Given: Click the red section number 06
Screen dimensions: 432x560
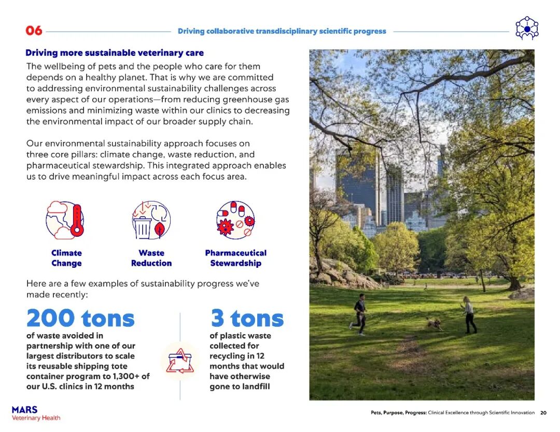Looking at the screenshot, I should tap(34, 31).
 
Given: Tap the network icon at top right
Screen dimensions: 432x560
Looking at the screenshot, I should tap(527, 29).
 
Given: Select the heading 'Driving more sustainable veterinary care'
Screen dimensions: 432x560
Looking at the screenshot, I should tap(115, 53).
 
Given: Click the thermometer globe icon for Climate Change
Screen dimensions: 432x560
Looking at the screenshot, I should tap(66, 220).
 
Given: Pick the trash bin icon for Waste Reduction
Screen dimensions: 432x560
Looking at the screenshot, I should tap(151, 220).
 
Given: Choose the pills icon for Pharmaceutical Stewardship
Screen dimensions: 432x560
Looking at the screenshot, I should tap(235, 220).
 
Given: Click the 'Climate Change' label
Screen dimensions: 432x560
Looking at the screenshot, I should tap(66, 258).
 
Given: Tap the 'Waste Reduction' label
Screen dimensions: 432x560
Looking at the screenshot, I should tap(151, 258).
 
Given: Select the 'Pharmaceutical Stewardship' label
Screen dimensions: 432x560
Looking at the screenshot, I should tap(235, 258).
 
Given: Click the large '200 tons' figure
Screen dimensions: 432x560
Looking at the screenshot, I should tap(80, 318).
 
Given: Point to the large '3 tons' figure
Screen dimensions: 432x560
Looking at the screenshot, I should tap(247, 318).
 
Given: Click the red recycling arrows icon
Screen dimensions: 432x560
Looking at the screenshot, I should tap(180, 361).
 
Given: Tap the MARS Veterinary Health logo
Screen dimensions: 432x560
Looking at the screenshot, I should tap(36, 413).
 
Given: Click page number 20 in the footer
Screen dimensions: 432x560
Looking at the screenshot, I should tap(543, 413).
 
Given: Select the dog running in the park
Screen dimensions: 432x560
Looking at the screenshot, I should tap(433, 324).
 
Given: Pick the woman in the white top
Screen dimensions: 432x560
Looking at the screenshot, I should tap(469, 314).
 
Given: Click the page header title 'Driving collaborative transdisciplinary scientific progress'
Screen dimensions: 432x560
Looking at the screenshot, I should tap(282, 31).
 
